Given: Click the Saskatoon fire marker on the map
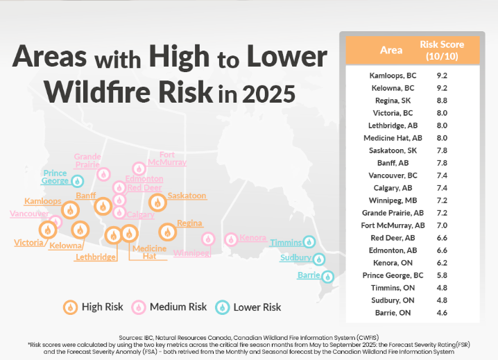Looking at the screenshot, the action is tap(157, 203).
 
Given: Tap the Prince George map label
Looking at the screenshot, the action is tap(55, 177).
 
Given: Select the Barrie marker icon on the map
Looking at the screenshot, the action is tap(327, 277).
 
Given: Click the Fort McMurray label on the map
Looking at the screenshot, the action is tap(167, 158).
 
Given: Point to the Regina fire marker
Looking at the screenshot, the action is tap(167, 232).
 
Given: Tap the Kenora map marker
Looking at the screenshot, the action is tap(231, 239).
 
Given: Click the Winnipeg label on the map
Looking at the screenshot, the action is tap(191, 253).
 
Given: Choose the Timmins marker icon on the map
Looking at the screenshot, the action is tap(309, 242).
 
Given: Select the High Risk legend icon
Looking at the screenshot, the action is tap(70, 307).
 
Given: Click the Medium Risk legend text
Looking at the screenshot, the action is tap(178, 307).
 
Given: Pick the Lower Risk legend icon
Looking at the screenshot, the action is tap(223, 307).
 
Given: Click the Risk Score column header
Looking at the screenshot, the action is tap(442, 50).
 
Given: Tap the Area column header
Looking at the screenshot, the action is tap(391, 50).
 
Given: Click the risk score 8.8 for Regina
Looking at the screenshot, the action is tap(442, 101).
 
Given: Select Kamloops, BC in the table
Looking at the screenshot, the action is tap(393, 76).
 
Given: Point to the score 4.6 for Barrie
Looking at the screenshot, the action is tap(442, 313).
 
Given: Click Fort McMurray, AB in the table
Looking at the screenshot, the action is tap(393, 225).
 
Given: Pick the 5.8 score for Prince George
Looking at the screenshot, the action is tap(442, 275).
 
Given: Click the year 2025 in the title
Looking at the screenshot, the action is tap(268, 94).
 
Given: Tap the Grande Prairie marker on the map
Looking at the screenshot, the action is tap(103, 174).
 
